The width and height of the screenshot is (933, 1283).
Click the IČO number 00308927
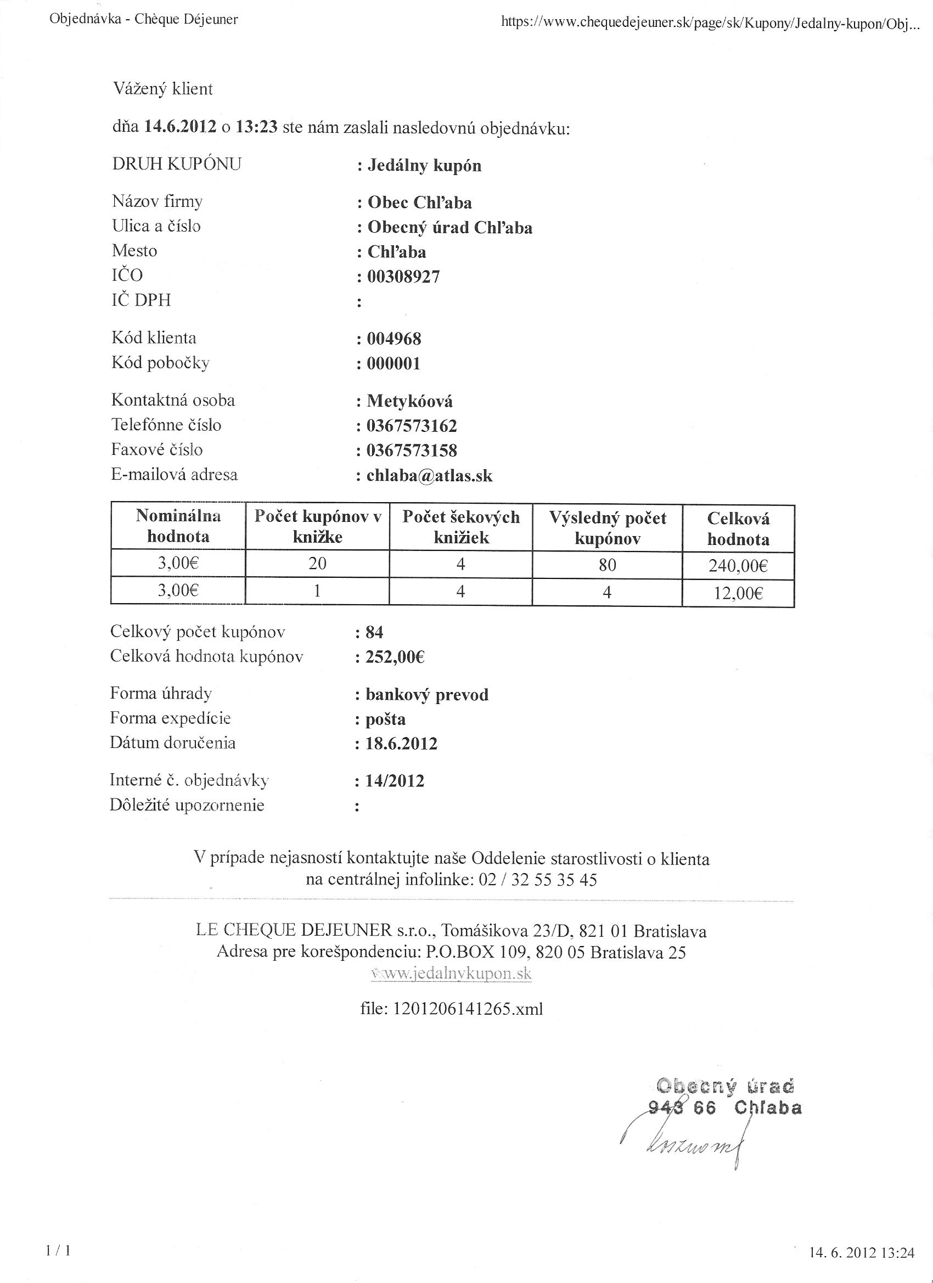403,277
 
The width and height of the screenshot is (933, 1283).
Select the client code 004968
394,339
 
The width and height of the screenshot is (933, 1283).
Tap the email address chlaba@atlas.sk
429,476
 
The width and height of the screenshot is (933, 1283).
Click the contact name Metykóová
409,402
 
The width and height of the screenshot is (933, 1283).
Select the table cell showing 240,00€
738,566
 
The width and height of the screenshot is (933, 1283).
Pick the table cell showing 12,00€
738,593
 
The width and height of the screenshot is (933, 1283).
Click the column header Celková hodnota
738,528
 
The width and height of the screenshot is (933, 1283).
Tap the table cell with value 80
607,565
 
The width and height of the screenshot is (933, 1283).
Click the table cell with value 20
317,564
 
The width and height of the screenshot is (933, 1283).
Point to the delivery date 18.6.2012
401,744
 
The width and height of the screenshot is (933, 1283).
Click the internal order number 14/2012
395,781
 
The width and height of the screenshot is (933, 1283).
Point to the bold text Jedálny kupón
424,166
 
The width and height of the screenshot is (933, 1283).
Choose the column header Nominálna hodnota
178,526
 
